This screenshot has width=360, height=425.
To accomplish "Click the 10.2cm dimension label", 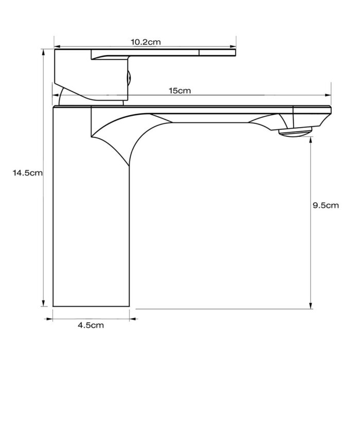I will (145, 42).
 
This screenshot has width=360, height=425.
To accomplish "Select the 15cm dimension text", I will (180, 91).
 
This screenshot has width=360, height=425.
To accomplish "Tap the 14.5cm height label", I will (28, 173).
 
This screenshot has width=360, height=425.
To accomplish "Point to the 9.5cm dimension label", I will (326, 205).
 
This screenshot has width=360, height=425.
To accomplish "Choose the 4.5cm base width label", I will (91, 325).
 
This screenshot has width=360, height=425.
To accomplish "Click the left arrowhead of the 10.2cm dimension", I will (57, 46).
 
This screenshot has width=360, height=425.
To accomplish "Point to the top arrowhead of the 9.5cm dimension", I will (311, 140).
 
